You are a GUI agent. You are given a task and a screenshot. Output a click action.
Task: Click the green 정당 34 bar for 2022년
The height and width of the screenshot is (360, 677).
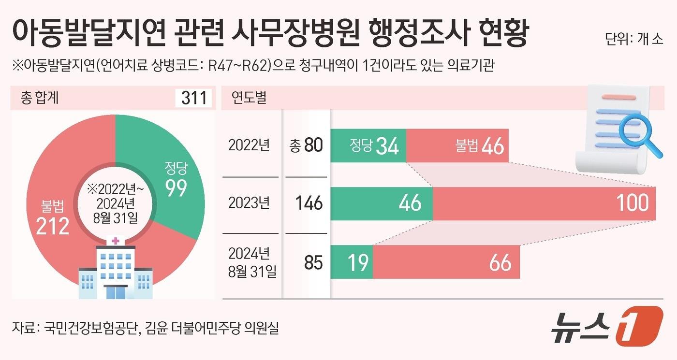(x=368, y=145)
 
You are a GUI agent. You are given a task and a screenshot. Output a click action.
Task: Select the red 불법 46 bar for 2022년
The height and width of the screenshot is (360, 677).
(x=457, y=145)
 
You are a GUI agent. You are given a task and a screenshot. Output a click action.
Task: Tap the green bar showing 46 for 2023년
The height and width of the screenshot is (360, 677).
(x=382, y=203)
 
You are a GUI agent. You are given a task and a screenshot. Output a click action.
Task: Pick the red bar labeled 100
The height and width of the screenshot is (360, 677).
(x=544, y=203)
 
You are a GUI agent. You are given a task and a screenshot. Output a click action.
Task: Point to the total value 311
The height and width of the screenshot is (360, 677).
(x=193, y=98)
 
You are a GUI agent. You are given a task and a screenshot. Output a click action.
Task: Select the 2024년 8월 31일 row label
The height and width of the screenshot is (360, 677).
(x=251, y=262)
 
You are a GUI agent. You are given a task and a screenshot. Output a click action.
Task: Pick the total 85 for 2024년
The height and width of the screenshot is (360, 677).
(x=313, y=262)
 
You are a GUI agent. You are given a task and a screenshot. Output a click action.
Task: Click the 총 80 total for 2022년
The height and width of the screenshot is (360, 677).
(x=306, y=145)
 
